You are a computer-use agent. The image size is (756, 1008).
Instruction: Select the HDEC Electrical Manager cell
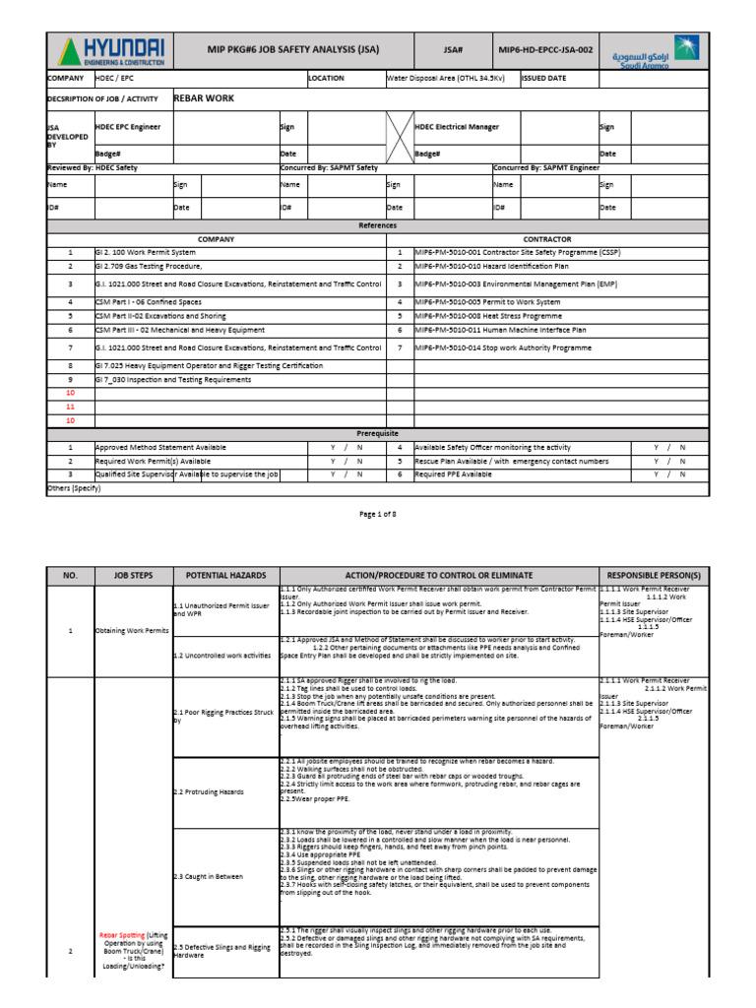(x=457, y=127)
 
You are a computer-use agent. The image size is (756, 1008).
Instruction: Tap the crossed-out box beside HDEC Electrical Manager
(x=399, y=140)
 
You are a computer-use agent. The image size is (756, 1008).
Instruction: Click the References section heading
(x=377, y=225)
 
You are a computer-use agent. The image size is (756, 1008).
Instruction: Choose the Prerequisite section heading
(x=377, y=433)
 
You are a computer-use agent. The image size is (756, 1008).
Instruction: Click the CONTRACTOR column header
(x=546, y=239)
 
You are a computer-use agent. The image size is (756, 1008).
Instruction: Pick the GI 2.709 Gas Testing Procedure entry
(x=148, y=267)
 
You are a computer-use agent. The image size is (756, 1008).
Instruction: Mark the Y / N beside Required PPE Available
(x=669, y=474)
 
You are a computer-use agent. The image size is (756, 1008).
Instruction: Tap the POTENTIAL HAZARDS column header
(x=225, y=574)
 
